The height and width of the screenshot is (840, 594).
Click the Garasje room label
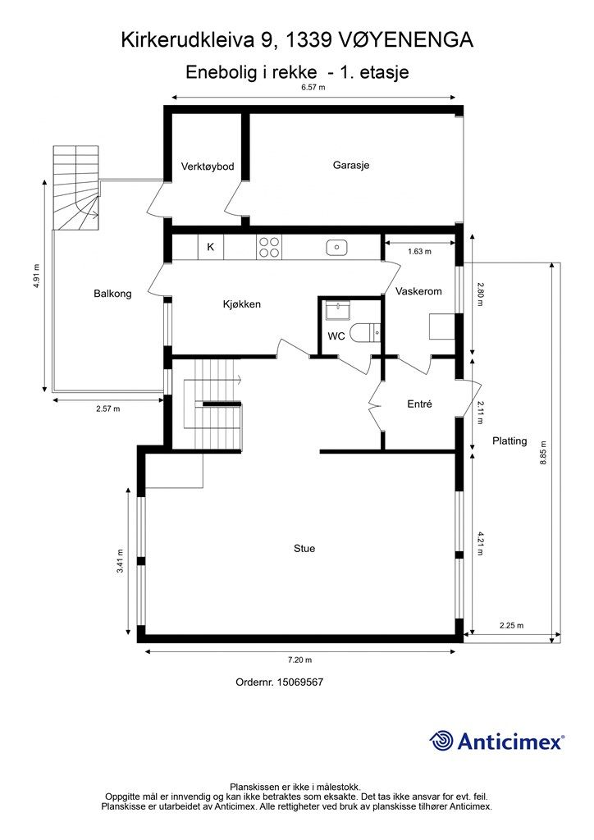pyautogui.click(x=351, y=165)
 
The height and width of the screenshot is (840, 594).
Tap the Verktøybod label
pyautogui.click(x=208, y=167)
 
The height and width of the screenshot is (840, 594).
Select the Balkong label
pyautogui.click(x=112, y=294)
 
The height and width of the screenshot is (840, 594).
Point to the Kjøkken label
pyautogui.click(x=241, y=304)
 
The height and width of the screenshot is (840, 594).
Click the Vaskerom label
pyautogui.click(x=418, y=291)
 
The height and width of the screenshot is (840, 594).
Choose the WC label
pyautogui.click(x=336, y=336)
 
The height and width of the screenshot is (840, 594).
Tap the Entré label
pyautogui.click(x=419, y=404)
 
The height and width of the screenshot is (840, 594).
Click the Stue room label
pyautogui.click(x=304, y=549)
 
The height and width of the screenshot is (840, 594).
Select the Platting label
pyautogui.click(x=509, y=441)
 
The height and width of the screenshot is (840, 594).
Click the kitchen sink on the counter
pyautogui.click(x=337, y=248)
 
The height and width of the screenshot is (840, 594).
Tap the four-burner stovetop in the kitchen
pyautogui.click(x=269, y=248)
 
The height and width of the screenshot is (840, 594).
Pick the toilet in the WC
pyautogui.click(x=365, y=333)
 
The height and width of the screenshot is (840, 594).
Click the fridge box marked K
pyautogui.click(x=211, y=248)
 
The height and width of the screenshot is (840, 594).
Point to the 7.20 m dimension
pyautogui.click(x=300, y=660)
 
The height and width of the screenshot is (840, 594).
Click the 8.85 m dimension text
pyautogui.click(x=543, y=453)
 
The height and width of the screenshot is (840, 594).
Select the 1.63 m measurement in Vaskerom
pyautogui.click(x=419, y=251)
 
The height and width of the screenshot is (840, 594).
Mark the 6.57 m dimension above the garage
pyautogui.click(x=313, y=88)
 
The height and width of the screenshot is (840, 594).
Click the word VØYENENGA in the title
pyautogui.click(x=405, y=40)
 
